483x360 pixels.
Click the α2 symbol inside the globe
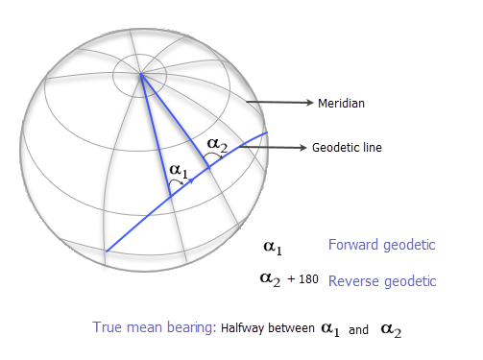click(x=218, y=145)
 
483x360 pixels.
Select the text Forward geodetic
click(x=382, y=245)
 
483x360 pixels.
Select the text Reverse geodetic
click(x=382, y=281)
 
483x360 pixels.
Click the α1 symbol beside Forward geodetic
click(x=273, y=247)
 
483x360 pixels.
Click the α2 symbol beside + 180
click(x=271, y=279)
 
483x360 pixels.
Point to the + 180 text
click(x=302, y=281)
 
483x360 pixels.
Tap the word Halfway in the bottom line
click(x=244, y=329)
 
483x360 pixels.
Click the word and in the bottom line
click(x=359, y=330)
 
